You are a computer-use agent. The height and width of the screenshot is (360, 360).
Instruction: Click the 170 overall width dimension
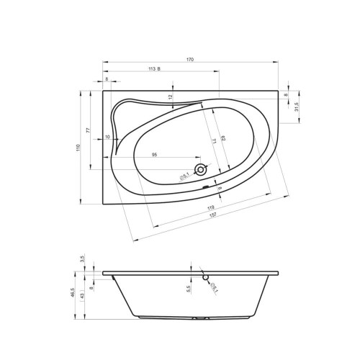point(191,58)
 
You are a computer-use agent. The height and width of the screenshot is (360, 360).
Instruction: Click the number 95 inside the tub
point(155,154)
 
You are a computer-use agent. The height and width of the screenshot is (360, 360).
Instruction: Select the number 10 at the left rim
point(107,136)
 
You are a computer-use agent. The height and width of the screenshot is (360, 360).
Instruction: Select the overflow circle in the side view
point(205,275)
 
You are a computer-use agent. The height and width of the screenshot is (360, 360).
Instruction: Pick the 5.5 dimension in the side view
point(189,288)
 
